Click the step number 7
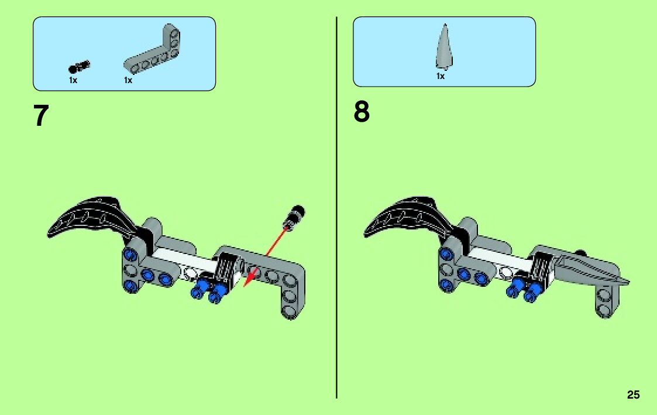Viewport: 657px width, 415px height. pos(40,116)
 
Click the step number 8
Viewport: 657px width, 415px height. pos(362,112)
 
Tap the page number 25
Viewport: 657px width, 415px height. pos(633,395)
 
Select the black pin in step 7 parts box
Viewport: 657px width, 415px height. pos(80,66)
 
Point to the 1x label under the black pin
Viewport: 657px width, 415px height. pos(73,80)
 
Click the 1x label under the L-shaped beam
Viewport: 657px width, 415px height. pos(128,80)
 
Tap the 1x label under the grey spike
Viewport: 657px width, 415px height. pos(441,77)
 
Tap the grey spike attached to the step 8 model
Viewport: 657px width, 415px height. pos(591,269)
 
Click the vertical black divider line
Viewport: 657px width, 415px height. pos(337,205)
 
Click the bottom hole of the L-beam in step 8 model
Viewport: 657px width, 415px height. pos(603,308)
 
